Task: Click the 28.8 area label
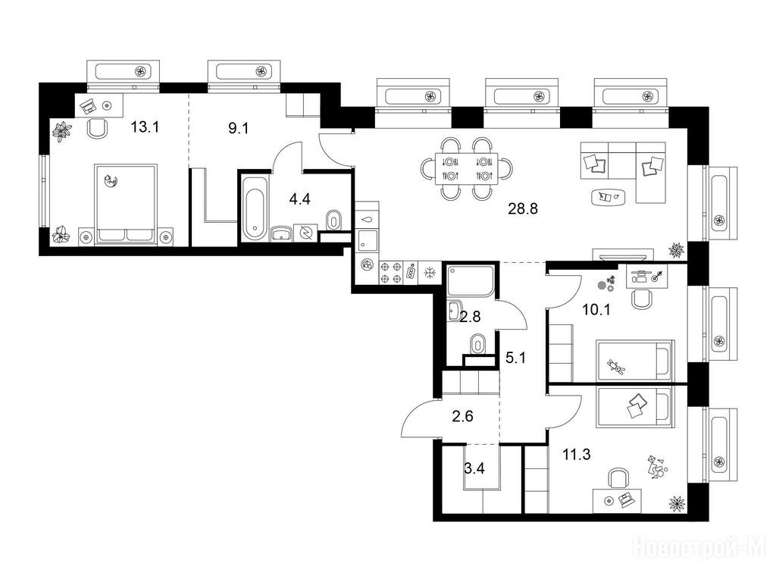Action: coord(523,209)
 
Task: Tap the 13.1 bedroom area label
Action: coord(145,127)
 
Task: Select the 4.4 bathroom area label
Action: coord(299,199)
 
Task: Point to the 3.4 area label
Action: coord(474,468)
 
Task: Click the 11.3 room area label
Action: coord(577,454)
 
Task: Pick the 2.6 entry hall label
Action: coord(463,416)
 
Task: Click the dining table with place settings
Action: coord(467,169)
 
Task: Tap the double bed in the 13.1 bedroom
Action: coord(127,204)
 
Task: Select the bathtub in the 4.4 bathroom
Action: coord(255,207)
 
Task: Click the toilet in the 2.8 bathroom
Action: coord(477,343)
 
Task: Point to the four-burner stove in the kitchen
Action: coord(390,273)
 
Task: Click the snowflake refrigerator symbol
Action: coord(430,272)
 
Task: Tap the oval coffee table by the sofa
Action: coord(609,197)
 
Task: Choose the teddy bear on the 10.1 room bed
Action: coord(616,368)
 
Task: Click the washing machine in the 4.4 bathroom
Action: coord(305,232)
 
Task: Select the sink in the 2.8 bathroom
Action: coord(455,310)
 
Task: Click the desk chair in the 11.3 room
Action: coord(618,479)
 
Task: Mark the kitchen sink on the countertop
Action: coord(368,240)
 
